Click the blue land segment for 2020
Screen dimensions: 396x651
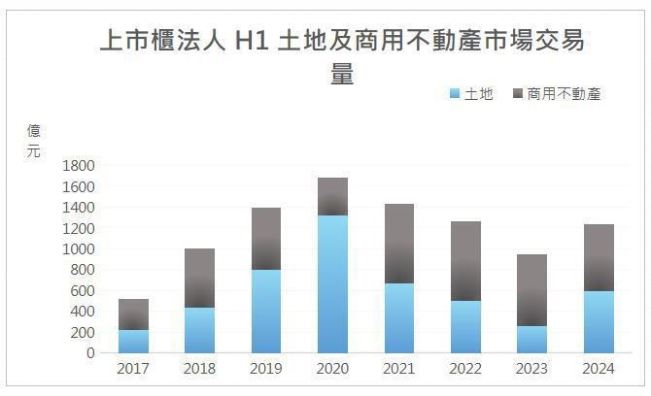point(332,283)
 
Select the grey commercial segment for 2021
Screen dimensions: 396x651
point(398,244)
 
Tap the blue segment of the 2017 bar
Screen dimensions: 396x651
point(133,341)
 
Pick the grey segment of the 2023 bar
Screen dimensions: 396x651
point(531,290)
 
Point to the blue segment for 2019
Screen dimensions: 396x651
point(266,311)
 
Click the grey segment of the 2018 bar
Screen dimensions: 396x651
point(199,278)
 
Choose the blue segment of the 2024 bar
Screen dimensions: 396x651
point(598,321)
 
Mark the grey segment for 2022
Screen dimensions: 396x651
point(465,261)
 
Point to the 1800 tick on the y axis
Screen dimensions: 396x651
point(78,165)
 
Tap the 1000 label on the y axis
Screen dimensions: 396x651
point(78,248)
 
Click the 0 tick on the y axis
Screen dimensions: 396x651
point(89,353)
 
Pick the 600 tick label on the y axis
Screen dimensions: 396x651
point(82,290)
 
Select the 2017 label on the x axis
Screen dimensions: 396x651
point(133,369)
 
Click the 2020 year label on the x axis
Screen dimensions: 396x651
point(332,369)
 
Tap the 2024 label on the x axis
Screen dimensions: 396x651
point(598,369)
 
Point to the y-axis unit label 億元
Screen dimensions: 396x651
point(34,142)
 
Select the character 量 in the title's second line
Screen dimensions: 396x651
point(342,74)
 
